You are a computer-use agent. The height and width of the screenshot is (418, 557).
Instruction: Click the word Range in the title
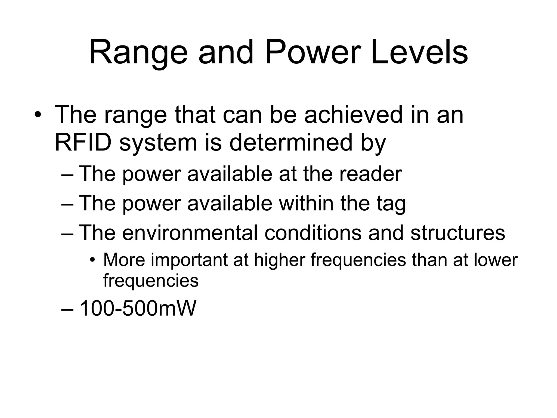138,52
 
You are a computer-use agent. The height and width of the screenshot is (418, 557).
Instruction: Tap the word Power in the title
313,52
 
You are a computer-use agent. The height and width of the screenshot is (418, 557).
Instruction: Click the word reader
370,174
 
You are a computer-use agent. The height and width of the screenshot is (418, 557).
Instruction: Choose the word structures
457,233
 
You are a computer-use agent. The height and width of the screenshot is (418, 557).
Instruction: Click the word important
189,260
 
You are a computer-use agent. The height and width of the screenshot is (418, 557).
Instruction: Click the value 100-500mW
137,309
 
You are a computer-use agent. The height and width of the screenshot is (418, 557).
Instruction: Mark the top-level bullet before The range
38,115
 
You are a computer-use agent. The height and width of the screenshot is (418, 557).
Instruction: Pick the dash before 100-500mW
67,309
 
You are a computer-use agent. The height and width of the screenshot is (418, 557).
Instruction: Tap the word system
158,143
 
